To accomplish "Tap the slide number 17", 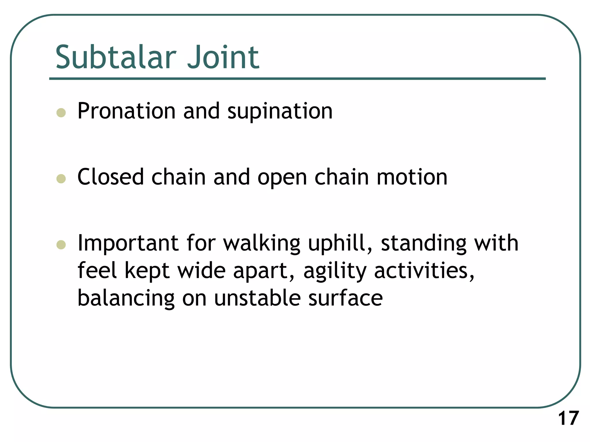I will (x=568, y=418).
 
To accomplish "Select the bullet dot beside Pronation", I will (x=61, y=113).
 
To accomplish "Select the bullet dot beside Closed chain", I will (x=61, y=179).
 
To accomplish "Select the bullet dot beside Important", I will (x=61, y=245).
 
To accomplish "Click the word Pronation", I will (x=126, y=111).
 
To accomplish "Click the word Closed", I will (x=111, y=177).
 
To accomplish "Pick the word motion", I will (x=412, y=177).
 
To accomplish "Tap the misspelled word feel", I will (x=97, y=270).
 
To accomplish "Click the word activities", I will (x=423, y=271).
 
